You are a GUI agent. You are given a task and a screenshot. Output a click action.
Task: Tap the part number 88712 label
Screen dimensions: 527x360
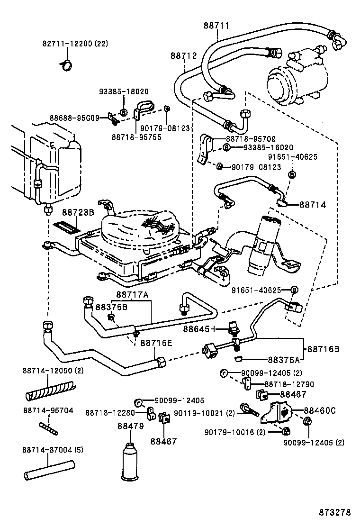click(x=183, y=55)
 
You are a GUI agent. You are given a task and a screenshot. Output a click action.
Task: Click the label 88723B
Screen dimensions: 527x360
click(x=78, y=213)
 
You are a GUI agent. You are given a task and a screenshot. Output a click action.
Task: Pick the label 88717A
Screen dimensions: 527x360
click(x=133, y=295)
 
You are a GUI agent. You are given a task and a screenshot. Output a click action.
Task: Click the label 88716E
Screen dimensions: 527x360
click(x=156, y=343)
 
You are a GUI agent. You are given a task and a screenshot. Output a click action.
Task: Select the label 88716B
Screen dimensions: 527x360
click(x=323, y=349)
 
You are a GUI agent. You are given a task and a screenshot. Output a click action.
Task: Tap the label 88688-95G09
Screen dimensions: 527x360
click(x=73, y=118)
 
